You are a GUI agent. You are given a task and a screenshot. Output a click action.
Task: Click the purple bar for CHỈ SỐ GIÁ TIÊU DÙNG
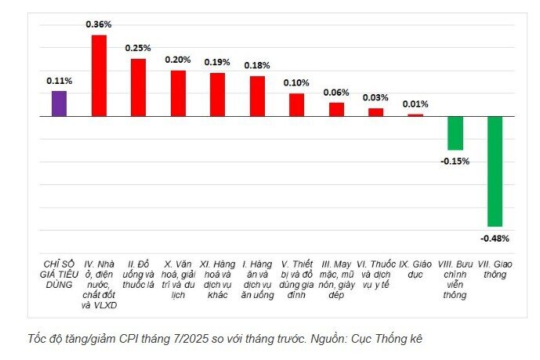[59, 104]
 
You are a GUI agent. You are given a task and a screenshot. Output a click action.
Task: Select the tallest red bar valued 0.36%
[99, 75]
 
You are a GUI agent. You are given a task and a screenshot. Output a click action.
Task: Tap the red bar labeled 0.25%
[138, 87]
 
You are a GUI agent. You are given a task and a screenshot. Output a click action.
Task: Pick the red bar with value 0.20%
[178, 93]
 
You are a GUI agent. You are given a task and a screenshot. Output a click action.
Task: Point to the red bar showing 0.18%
[257, 96]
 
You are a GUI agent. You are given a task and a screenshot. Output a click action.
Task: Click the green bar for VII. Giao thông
[495, 171]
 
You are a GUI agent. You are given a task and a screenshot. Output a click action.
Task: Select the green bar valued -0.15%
[455, 133]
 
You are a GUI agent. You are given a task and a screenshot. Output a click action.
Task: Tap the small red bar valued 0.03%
[376, 112]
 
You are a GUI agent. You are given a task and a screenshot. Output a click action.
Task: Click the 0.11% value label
[59, 81]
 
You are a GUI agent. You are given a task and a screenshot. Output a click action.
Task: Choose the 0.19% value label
[217, 62]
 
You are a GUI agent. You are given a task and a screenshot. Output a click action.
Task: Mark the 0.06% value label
[337, 92]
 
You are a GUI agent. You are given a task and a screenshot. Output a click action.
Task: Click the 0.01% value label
[415, 104]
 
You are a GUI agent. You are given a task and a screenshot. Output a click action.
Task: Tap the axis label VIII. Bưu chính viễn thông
[455, 280]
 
